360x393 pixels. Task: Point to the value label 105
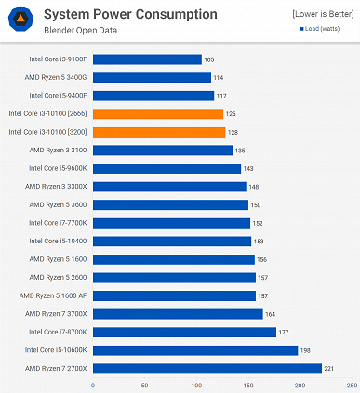209,59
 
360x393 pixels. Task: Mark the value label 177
284,332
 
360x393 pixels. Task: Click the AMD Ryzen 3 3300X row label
58,187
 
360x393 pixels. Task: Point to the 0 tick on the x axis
93,384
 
